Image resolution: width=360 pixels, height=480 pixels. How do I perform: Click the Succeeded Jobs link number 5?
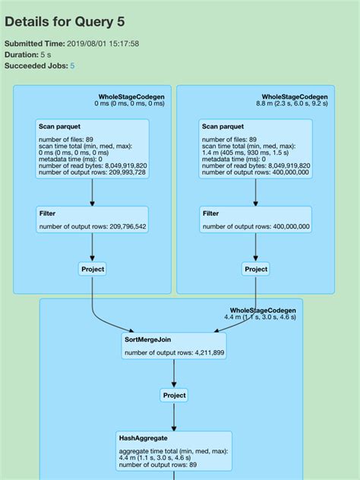(x=72, y=66)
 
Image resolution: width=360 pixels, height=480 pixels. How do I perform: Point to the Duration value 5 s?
(x=46, y=55)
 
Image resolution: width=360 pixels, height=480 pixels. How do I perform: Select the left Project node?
(x=93, y=269)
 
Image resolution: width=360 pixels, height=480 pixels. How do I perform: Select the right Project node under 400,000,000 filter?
(x=256, y=269)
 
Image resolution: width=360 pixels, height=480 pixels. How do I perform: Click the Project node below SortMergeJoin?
(x=174, y=395)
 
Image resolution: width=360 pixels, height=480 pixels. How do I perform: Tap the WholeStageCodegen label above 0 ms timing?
(x=131, y=96)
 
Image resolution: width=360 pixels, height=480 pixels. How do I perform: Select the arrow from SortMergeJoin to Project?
(x=174, y=374)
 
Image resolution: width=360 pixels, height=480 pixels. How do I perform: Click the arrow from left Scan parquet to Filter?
(x=92, y=192)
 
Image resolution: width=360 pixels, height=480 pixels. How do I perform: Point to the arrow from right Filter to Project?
(x=256, y=248)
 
